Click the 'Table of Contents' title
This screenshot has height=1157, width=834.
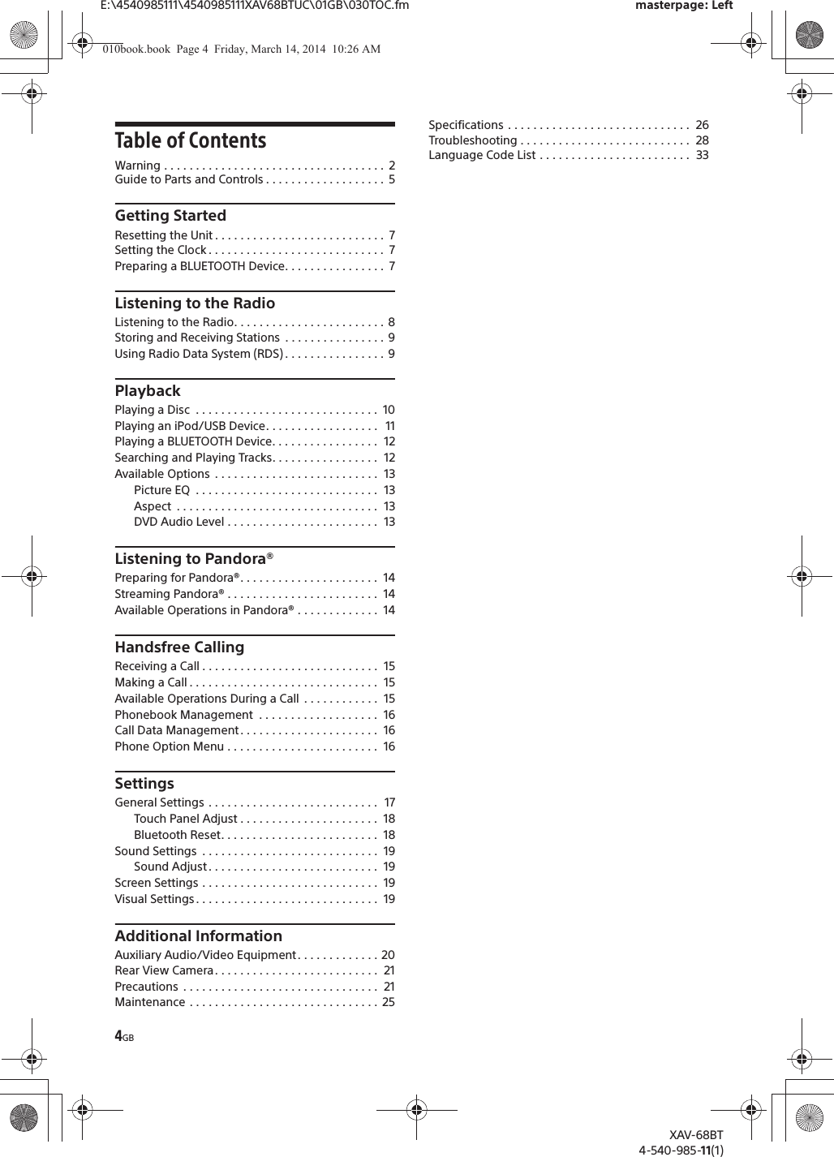pyautogui.click(x=191, y=141)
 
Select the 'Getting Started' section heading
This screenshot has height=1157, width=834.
pyautogui.click(x=170, y=216)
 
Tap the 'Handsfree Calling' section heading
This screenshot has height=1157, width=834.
pyautogui.click(x=179, y=647)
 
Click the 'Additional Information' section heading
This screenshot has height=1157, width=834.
pyautogui.click(x=199, y=936)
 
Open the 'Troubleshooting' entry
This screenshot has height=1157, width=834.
pyautogui.click(x=473, y=140)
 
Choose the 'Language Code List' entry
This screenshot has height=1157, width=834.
pyautogui.click(x=482, y=155)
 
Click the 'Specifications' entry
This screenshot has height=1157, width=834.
pyautogui.click(x=466, y=125)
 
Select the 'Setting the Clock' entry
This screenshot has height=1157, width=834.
pyautogui.click(x=161, y=250)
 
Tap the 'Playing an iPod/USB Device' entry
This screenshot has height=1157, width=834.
pyautogui.click(x=190, y=426)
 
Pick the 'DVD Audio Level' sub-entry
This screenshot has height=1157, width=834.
pyautogui.click(x=179, y=522)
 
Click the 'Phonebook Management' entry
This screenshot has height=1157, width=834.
pyautogui.click(x=184, y=715)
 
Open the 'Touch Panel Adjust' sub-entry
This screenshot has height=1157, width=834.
pyautogui.click(x=186, y=819)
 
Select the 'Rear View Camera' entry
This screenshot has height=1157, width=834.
pyautogui.click(x=164, y=970)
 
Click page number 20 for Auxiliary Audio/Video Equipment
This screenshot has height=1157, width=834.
pyautogui.click(x=388, y=955)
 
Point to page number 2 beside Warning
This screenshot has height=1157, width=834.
pyautogui.click(x=392, y=166)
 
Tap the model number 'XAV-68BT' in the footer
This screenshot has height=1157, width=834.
pyautogui.click(x=696, y=1135)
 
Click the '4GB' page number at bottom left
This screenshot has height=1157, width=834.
pyautogui.click(x=124, y=1037)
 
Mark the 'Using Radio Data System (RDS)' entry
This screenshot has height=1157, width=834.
pyautogui.click(x=199, y=354)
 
